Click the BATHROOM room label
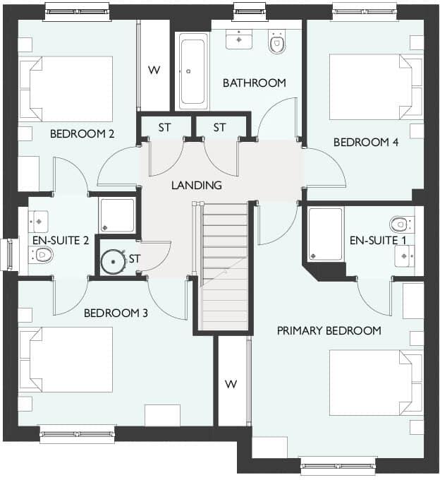(255, 83)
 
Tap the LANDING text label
(197, 186)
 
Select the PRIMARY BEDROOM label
(329, 330)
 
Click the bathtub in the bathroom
(192, 71)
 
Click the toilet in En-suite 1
(402, 224)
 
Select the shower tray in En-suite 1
(326, 234)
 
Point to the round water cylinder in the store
(113, 260)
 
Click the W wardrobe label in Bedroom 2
(153, 70)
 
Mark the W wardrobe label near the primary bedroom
(231, 384)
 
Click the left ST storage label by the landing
(165, 128)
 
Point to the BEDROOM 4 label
(366, 142)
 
